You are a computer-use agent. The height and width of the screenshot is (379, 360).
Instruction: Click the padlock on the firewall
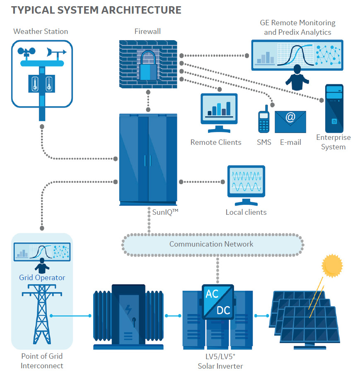(x=147, y=66)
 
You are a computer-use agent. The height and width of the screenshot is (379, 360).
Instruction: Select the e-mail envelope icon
(x=290, y=122)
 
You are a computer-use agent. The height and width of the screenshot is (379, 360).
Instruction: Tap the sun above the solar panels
(x=332, y=265)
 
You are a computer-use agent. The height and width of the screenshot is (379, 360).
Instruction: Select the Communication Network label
(x=211, y=244)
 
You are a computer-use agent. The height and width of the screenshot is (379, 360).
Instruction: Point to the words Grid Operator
(x=42, y=277)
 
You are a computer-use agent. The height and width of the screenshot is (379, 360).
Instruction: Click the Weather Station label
(x=41, y=31)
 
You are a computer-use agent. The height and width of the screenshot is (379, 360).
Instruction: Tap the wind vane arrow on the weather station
(x=56, y=53)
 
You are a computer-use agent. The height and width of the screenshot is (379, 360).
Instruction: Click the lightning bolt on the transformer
(x=129, y=309)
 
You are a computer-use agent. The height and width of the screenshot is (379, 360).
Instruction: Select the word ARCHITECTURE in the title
(x=136, y=10)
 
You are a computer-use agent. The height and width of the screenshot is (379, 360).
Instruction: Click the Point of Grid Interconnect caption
(x=42, y=360)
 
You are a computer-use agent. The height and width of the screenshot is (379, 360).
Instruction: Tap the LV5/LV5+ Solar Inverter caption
(x=220, y=360)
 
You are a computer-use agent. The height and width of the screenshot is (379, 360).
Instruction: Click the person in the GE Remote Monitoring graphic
(x=297, y=77)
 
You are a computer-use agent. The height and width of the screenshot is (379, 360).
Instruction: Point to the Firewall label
(x=147, y=31)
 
